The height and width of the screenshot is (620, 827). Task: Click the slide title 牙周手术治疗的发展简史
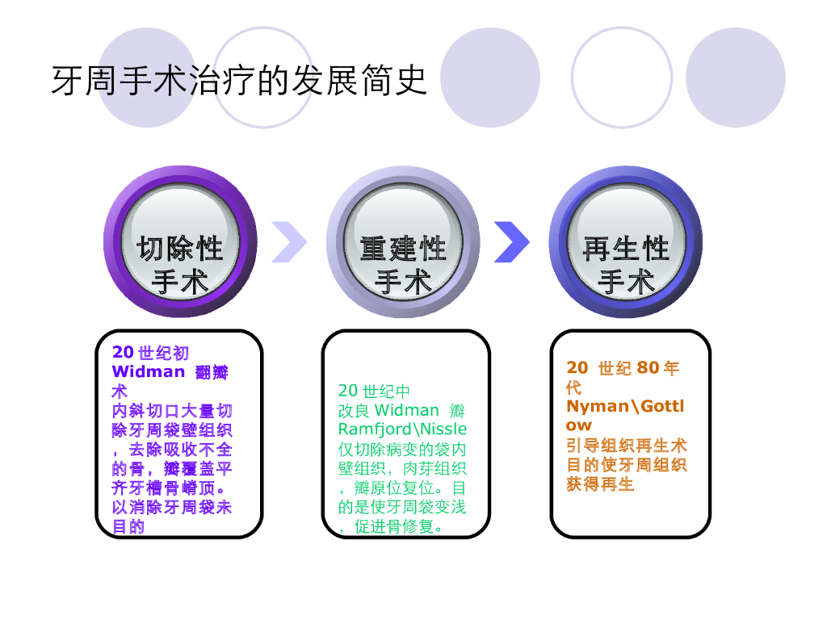pos(239,80)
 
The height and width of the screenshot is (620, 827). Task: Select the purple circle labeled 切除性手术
pos(179,242)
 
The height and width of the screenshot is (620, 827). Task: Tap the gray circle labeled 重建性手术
pos(402,242)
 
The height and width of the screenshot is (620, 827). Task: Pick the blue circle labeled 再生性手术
pos(626,242)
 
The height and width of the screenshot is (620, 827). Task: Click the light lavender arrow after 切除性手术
pos(288,241)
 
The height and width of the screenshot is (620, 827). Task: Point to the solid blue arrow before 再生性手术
pos(511,241)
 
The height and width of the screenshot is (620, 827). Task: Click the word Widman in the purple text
pos(149,372)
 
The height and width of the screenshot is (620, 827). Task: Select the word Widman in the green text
pos(406,410)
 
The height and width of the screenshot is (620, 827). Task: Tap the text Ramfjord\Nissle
pos(402,429)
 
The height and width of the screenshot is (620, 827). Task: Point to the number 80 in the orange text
pos(648,368)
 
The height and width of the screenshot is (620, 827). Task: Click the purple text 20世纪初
pos(150,353)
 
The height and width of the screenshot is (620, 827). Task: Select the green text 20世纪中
pos(374,392)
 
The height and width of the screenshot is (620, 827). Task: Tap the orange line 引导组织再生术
pos(626,446)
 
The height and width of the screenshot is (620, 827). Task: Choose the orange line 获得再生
pos(600,484)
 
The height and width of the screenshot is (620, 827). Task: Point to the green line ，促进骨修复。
pos(391,527)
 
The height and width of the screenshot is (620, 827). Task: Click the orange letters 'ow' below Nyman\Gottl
pos(578,425)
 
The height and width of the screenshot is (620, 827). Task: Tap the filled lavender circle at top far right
pos(735,77)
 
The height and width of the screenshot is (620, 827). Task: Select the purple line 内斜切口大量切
pos(172,411)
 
